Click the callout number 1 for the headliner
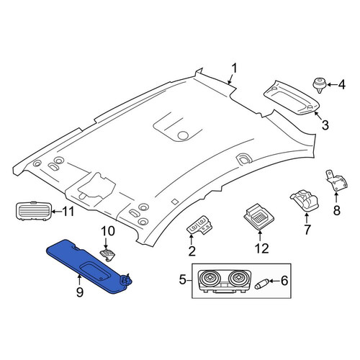pyautogui.click(x=234, y=68)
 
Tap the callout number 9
pyautogui.click(x=80, y=292)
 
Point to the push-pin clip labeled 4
pyautogui.click(x=319, y=85)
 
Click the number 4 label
pyautogui.click(x=341, y=84)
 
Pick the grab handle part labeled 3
pyautogui.click(x=292, y=98)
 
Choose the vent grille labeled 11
pyautogui.click(x=34, y=212)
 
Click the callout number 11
pyautogui.click(x=68, y=212)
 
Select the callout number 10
pyautogui.click(x=108, y=231)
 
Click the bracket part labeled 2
pyautogui.click(x=199, y=225)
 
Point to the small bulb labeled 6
pyautogui.click(x=261, y=284)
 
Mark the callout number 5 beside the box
pyautogui.click(x=182, y=279)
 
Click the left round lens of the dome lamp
pyautogui.click(x=210, y=278)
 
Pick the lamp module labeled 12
pyautogui.click(x=258, y=217)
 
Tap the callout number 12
pyautogui.click(x=261, y=248)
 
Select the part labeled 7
pyautogui.click(x=305, y=201)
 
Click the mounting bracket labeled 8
pyautogui.click(x=336, y=181)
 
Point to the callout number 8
pyautogui.click(x=337, y=210)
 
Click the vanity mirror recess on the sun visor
pyautogui.click(x=94, y=271)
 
